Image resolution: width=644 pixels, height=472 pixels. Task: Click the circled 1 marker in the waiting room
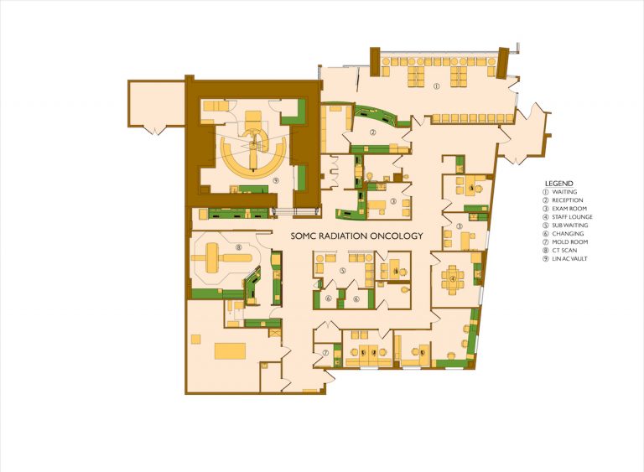(436, 86)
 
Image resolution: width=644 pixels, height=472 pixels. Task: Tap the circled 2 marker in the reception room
(374, 132)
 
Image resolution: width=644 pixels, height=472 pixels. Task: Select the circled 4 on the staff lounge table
(453, 279)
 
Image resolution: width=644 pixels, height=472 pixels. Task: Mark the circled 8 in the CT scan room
(238, 247)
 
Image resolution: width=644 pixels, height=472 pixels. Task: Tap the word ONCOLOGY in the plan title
(397, 236)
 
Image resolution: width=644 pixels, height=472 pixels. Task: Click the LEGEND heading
(558, 182)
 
